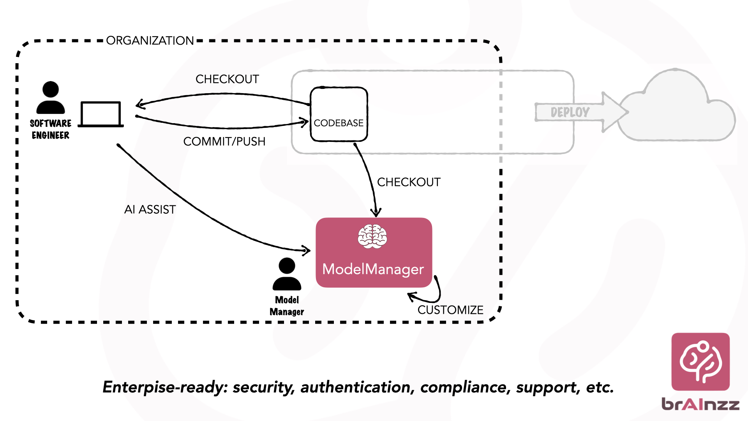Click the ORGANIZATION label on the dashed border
point(150,41)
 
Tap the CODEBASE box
point(339,114)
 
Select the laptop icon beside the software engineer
point(101,114)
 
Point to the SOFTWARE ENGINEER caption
point(51,129)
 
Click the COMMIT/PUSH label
point(224,141)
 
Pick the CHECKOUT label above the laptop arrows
point(227,79)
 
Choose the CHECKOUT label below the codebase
point(409,182)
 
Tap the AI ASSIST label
point(150,209)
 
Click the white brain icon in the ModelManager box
point(372,236)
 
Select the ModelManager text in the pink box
point(373,269)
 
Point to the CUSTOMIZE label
point(450,310)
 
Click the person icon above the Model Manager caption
point(287,274)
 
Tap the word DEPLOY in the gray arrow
point(570,112)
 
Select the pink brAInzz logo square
point(700,361)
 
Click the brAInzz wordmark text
point(700,404)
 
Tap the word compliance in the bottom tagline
point(466,387)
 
